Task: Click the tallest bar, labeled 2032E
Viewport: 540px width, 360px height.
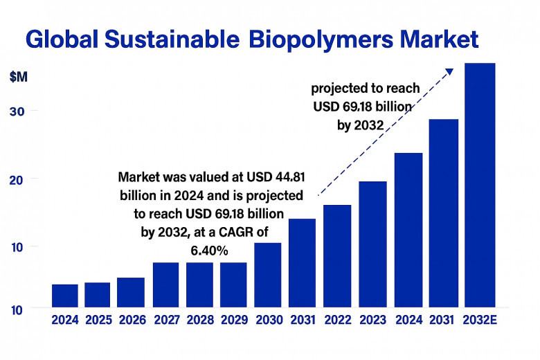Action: [480, 185]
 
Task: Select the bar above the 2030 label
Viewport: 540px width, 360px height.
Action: [268, 275]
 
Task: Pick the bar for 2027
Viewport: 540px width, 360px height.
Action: [165, 285]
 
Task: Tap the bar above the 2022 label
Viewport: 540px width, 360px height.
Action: [337, 256]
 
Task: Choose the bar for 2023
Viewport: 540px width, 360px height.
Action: [372, 244]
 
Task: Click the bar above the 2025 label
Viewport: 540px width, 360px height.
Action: [97, 295]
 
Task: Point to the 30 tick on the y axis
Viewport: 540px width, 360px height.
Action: [17, 111]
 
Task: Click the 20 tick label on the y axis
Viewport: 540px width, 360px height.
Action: [16, 180]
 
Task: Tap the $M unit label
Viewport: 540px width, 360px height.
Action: [19, 77]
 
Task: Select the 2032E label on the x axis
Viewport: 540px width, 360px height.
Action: [480, 320]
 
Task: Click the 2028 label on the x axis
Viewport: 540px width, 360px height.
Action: [200, 320]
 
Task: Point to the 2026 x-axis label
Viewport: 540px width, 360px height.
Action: [133, 320]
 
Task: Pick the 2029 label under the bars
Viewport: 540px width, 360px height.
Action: [234, 320]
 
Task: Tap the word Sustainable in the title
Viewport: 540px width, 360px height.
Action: [172, 39]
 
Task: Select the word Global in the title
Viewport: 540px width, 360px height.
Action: [62, 39]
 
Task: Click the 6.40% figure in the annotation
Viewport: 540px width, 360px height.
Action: [209, 251]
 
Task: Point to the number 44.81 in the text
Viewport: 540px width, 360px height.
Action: [290, 177]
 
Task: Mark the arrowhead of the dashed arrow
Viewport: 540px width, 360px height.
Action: [449, 71]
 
